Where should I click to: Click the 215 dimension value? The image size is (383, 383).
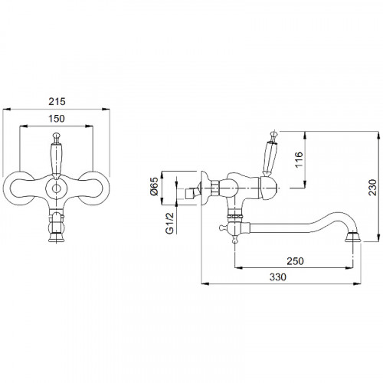(57, 101)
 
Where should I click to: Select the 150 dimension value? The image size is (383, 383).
(57, 119)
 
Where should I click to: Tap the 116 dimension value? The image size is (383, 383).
(299, 159)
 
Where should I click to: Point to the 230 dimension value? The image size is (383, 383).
(372, 188)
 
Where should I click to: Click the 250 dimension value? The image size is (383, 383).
(295, 261)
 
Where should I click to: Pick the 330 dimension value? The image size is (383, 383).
(278, 277)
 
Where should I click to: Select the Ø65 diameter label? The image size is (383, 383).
(155, 187)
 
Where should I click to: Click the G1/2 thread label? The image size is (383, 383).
(169, 223)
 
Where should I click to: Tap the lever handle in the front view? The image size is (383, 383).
(57, 155)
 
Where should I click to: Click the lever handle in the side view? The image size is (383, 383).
(270, 153)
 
